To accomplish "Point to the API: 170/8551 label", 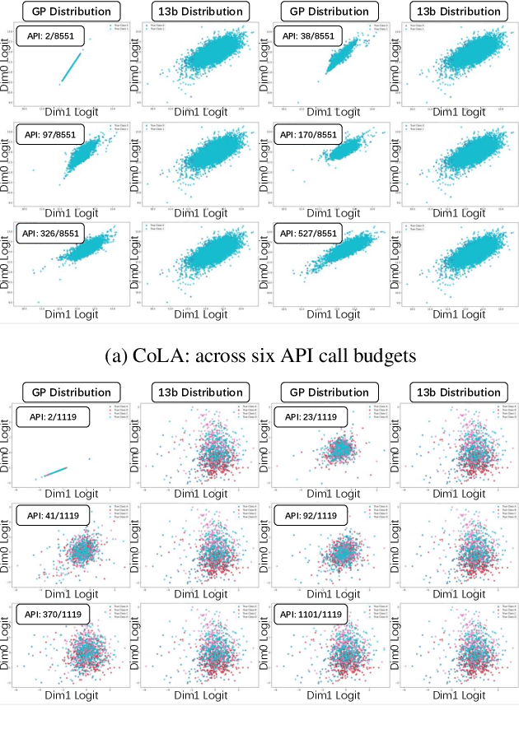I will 309,134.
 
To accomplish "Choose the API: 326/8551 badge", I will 50,233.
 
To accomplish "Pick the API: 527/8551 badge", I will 309,233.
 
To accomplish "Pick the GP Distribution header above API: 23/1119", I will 330,392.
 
